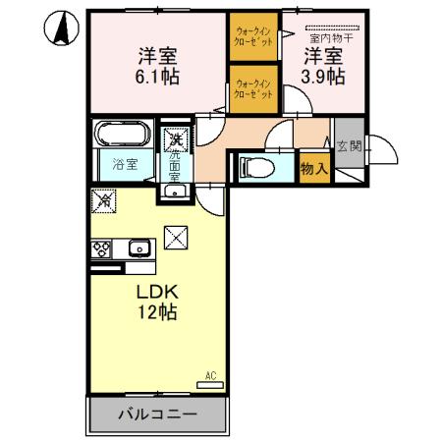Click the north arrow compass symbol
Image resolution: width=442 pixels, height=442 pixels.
[61, 30]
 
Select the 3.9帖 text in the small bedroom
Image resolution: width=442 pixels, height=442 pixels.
[323, 75]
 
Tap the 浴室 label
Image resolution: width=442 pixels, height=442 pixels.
[123, 166]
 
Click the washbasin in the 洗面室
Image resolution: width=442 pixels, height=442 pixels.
[174, 189]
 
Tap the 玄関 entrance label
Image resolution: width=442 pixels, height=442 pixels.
[348, 146]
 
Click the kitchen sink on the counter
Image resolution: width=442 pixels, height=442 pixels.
[138, 248]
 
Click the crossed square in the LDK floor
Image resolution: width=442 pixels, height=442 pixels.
[174, 237]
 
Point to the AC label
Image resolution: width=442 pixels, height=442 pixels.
[210, 374]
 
